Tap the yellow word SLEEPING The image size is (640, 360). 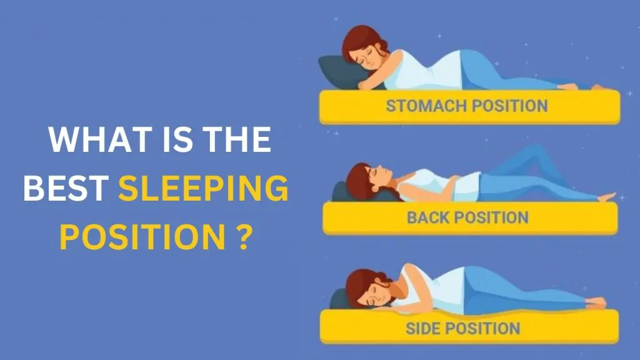(x=203, y=188)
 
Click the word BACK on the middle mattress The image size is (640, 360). (x=429, y=217)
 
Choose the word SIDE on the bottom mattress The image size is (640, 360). (x=426, y=328)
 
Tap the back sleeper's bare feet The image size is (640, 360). (x=604, y=197)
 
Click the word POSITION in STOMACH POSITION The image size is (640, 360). (x=509, y=105)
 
